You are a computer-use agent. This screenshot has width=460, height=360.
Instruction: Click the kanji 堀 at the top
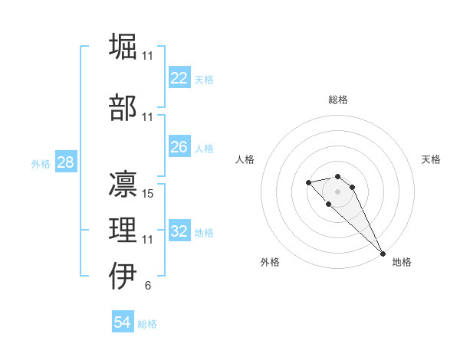123,47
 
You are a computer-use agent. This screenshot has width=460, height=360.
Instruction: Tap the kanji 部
123,107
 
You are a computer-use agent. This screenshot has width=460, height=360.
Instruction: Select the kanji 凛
123,184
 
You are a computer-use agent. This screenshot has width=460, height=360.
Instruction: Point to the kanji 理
123,229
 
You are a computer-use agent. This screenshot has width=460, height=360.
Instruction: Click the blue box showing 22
179,78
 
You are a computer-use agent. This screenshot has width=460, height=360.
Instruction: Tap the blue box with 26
179,147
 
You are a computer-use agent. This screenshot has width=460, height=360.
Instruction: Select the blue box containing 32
179,231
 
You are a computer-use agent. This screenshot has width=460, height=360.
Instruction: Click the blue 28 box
65,162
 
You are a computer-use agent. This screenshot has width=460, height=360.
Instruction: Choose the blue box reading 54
123,322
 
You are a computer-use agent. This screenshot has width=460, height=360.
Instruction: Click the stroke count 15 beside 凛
148,194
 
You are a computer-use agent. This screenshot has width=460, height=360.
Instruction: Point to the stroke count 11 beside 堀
148,56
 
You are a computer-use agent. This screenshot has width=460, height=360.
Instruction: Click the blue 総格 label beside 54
147,324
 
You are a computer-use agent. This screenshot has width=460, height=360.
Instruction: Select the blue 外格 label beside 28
40,164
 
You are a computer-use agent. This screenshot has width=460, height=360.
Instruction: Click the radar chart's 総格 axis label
337,100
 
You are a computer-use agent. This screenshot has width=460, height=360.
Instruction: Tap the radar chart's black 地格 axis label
402,262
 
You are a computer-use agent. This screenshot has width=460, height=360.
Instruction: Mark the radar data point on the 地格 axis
383,254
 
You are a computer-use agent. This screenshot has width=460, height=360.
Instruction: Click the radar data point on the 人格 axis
308,182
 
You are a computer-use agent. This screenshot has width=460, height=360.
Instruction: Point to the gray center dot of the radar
337,191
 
